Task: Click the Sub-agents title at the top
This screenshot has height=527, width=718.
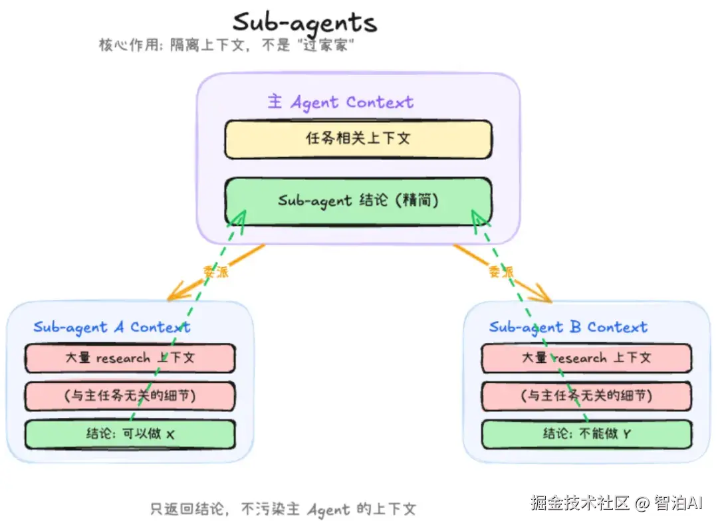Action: pyautogui.click(x=304, y=22)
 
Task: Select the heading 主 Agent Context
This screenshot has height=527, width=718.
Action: pyautogui.click(x=340, y=102)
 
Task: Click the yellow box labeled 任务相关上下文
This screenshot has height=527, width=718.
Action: pyautogui.click(x=358, y=139)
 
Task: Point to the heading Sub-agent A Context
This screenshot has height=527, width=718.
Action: pyautogui.click(x=112, y=327)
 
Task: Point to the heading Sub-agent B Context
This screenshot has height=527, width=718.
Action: pyautogui.click(x=568, y=327)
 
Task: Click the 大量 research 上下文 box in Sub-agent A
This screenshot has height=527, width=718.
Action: pyautogui.click(x=130, y=358)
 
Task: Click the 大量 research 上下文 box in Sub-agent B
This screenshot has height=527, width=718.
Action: pyautogui.click(x=586, y=358)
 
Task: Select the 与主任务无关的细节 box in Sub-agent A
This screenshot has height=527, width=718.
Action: pyautogui.click(x=130, y=396)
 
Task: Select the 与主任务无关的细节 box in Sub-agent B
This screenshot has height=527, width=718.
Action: pyautogui.click(x=586, y=396)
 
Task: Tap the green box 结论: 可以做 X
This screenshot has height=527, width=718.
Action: pyautogui.click(x=130, y=434)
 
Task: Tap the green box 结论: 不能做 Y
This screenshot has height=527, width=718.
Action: pyautogui.click(x=586, y=434)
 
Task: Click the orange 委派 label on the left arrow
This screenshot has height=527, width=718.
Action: pyautogui.click(x=215, y=271)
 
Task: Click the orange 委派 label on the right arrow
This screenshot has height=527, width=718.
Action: pyautogui.click(x=501, y=271)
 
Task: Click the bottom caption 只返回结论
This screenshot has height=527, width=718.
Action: pyautogui.click(x=283, y=510)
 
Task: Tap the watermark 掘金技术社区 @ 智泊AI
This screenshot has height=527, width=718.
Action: pyautogui.click(x=616, y=503)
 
